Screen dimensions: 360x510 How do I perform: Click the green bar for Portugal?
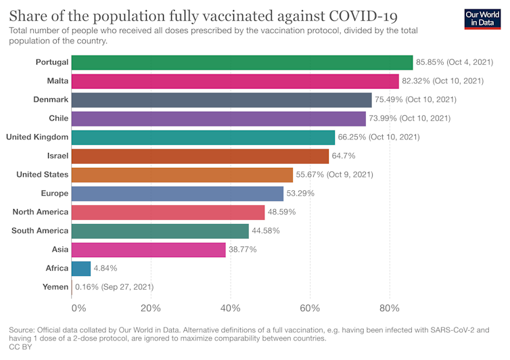pos(241,62)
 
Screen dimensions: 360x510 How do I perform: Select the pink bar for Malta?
pos(235,81)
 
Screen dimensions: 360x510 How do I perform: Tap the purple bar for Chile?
pos(218,118)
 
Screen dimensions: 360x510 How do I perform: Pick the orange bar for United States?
pos(181,175)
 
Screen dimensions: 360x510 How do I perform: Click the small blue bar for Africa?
pos(80,268)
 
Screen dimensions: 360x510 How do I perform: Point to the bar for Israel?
pos(200,156)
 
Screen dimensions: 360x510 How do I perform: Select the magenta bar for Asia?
pos(148,250)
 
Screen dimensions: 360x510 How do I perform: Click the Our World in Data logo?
pos(484,18)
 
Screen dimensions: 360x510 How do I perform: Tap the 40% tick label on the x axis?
pos(230,309)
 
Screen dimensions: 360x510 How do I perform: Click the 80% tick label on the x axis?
pos(390,309)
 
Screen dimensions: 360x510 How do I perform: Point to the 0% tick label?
pos(78,309)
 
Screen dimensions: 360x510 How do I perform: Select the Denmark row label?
pos(51,99)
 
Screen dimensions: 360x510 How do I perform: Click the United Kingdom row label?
pos(37,137)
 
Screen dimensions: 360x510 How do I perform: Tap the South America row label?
pos(40,231)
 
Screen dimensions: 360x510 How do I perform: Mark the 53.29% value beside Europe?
pos(300,194)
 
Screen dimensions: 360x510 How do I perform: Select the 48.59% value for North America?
pos(281,212)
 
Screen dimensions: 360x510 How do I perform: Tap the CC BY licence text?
pos(20,346)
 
